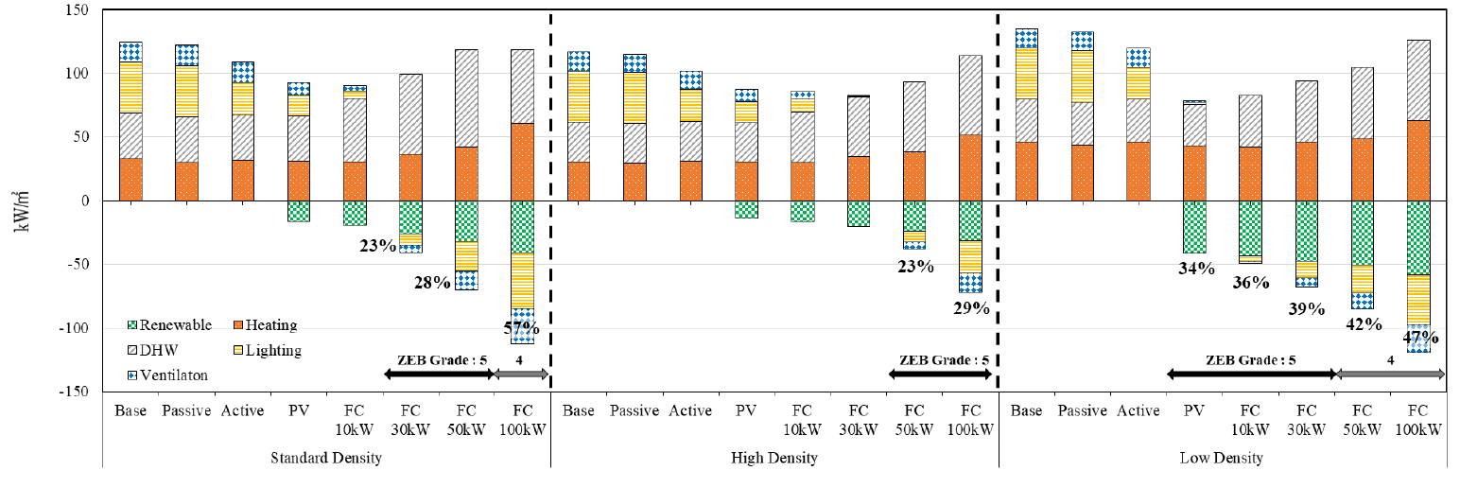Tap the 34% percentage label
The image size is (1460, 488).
point(1196,268)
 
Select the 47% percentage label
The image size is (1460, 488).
point(1419,337)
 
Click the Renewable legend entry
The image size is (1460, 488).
point(169,325)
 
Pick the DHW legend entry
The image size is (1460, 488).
point(161,351)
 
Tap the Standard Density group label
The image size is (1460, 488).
point(327,459)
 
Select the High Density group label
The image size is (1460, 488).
point(774,459)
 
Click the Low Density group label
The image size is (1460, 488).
point(1222,459)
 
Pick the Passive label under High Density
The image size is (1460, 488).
point(634,410)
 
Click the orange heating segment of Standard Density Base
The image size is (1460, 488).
point(130,180)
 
